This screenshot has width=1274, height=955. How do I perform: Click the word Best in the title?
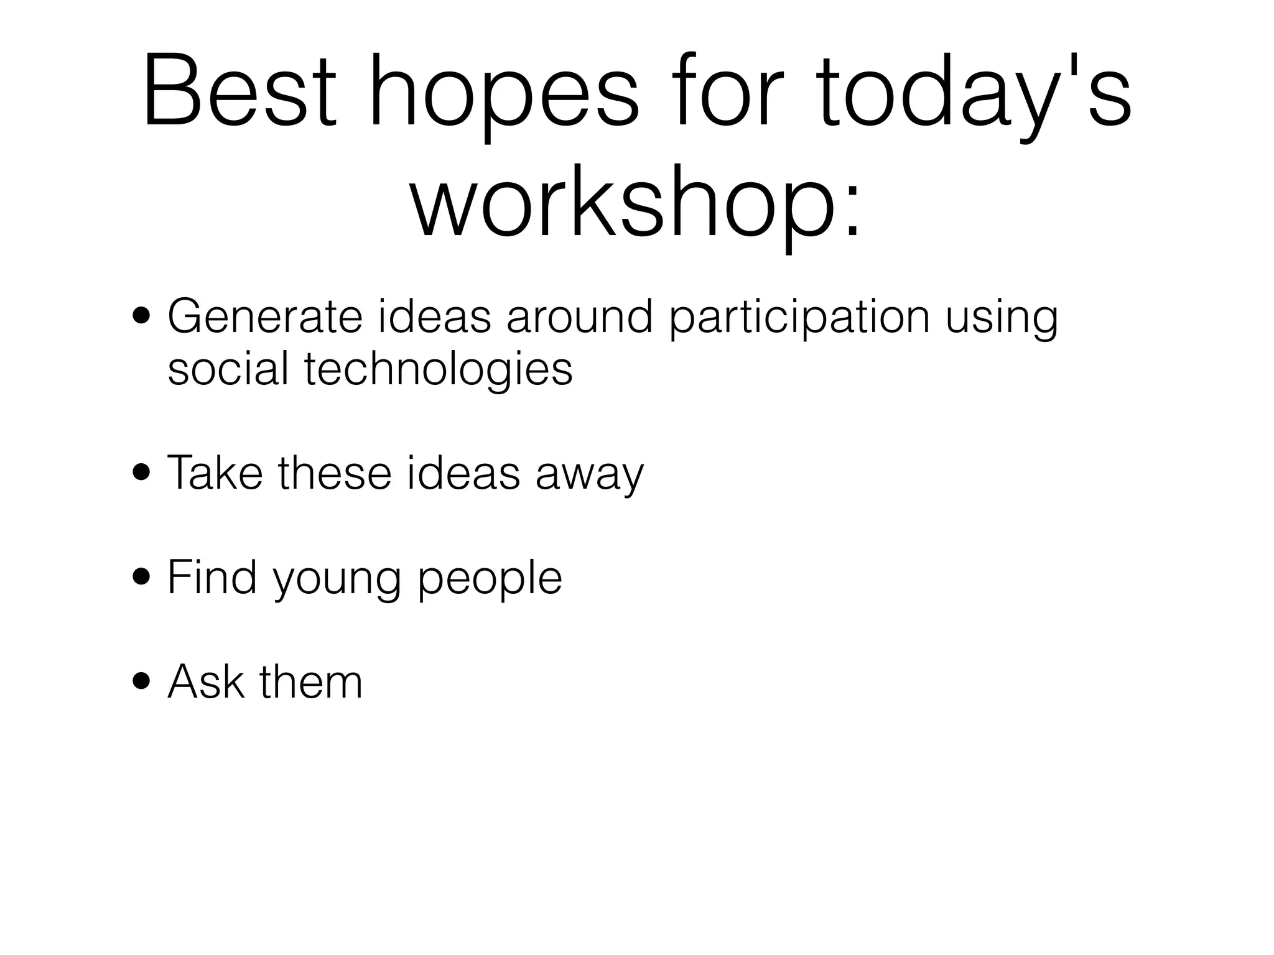point(239,93)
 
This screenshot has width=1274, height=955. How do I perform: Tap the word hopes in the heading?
point(504,99)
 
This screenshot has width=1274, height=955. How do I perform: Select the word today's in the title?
point(972,99)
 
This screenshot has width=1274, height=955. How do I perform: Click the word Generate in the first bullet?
point(265,316)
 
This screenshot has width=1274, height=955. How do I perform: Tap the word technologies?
point(438,371)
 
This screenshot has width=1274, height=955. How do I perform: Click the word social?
point(228,369)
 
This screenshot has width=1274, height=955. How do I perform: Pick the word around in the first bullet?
point(579,316)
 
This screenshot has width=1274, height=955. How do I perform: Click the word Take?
point(215,473)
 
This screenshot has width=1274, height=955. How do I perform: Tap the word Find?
point(212,578)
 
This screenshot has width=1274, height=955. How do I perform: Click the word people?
point(490,581)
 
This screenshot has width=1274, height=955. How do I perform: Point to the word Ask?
point(205,682)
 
